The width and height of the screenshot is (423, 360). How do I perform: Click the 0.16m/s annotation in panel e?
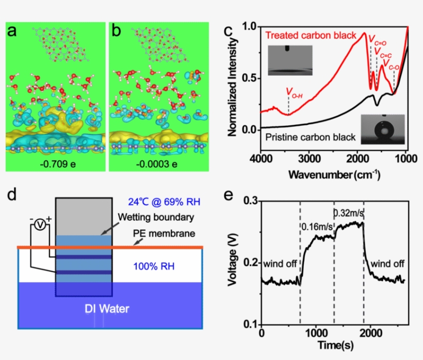coord(317,226)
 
